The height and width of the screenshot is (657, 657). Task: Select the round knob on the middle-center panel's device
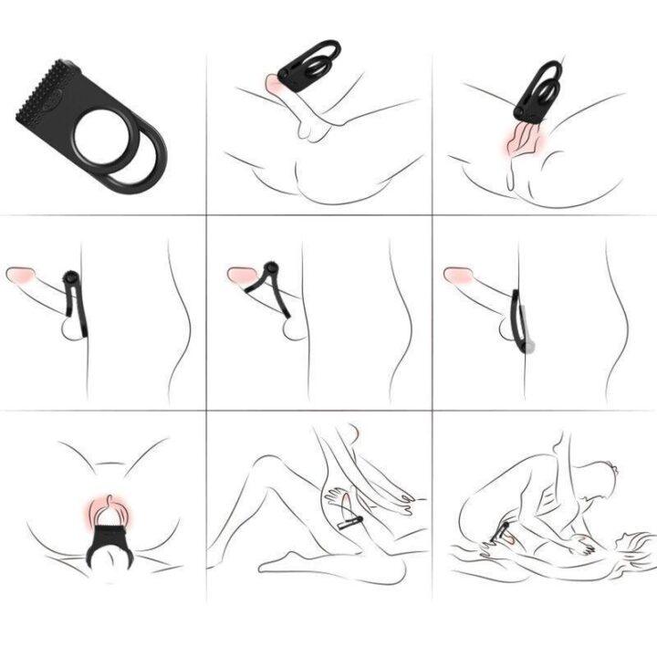(269, 268)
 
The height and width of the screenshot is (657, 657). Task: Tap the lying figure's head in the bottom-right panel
(620, 547)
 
